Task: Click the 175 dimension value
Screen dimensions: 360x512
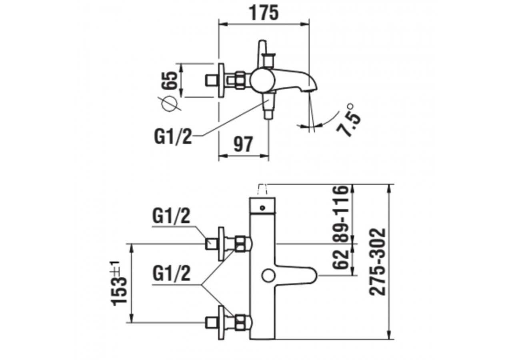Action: pos(264,13)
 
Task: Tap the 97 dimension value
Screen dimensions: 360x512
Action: pos(243,144)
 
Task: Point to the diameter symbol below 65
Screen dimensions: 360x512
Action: pos(170,104)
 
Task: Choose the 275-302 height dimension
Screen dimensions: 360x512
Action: pos(378,262)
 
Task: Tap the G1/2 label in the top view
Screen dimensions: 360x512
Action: pos(173,137)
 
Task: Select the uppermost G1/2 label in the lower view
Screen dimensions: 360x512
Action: pos(171,217)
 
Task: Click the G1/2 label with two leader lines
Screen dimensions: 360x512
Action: pos(171,275)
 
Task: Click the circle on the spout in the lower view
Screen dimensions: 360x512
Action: pos(268,276)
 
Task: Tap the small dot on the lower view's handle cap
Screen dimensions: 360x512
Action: pos(262,208)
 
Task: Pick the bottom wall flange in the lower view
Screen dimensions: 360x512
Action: pos(221,322)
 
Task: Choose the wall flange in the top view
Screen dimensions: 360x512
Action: pos(221,80)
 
